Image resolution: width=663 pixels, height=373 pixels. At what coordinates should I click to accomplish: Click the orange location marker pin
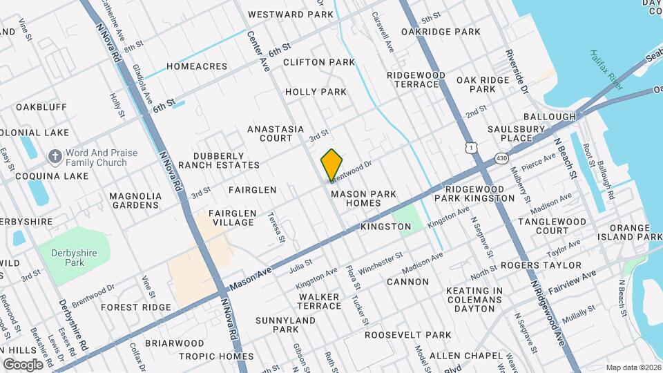[331, 165]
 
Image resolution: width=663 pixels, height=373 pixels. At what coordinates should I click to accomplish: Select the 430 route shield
[499, 159]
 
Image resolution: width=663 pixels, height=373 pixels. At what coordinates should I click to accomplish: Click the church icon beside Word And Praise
[55, 157]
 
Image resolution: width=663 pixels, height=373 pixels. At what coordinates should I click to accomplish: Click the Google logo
[23, 364]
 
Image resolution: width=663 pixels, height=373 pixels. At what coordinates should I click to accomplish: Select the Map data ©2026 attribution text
[633, 367]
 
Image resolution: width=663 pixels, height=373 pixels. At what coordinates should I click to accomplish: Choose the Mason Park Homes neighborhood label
[364, 199]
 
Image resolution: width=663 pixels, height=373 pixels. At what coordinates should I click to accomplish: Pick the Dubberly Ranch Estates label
[219, 160]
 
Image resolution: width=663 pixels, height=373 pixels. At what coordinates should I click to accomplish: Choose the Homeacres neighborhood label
[197, 66]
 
